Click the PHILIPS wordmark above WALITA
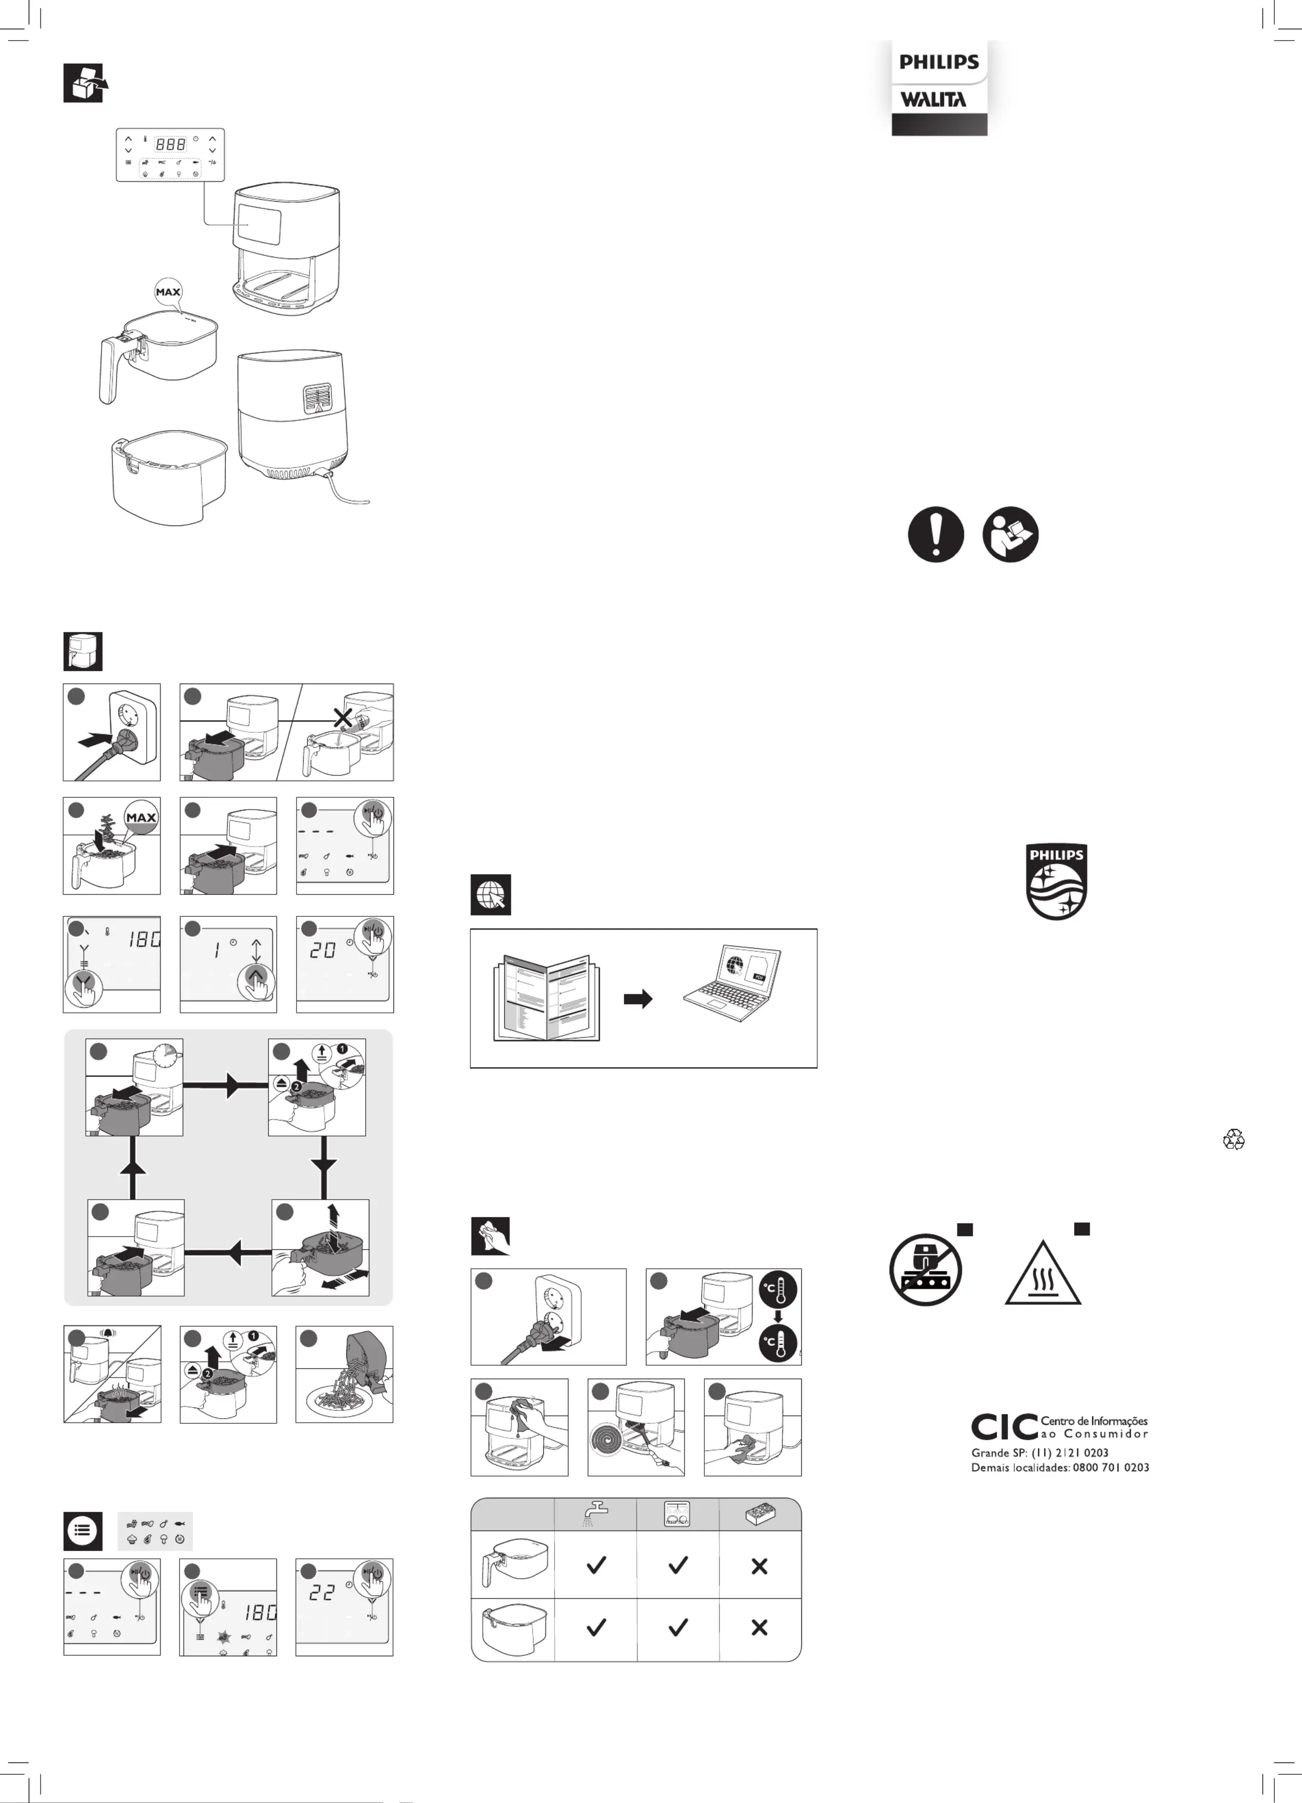pos(939,62)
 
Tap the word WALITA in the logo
pos(933,100)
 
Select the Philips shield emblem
pos(1056,881)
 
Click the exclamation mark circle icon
pos(936,534)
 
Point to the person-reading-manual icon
pos(1010,534)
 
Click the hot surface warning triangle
pos(1042,1275)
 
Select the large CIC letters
pos(1004,1427)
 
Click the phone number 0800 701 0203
pos(1111,1467)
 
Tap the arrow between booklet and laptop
pos(638,1000)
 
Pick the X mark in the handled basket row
pos(759,1566)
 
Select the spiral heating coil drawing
pos(611,1440)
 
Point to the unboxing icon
pos(84,83)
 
